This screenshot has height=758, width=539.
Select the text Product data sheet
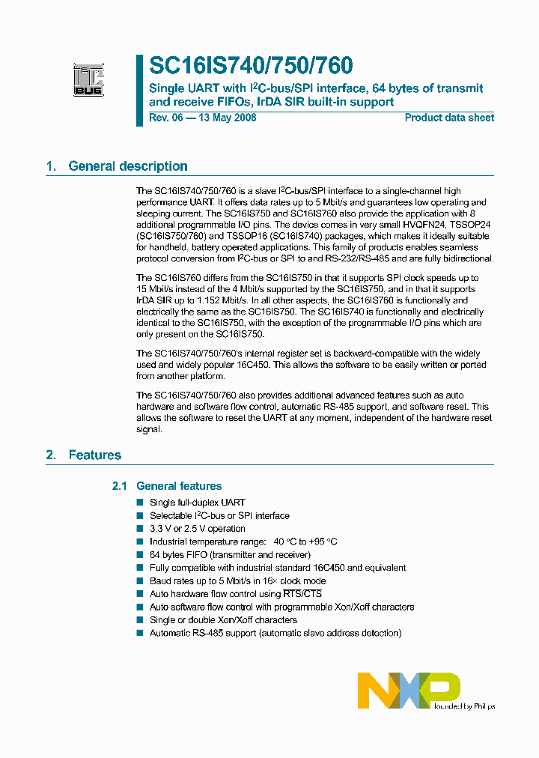coord(449,118)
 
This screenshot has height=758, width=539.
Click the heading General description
coord(128,166)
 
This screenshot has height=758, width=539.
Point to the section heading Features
coord(94,455)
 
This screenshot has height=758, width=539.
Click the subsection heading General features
coord(179,486)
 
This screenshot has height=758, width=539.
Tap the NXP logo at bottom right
coord(408,689)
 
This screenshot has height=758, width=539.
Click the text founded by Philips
coord(465,706)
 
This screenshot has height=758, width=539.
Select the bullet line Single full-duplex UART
coord(198,503)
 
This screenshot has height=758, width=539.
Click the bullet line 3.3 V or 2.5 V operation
coord(198,529)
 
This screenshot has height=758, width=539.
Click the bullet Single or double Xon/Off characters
coord(223,620)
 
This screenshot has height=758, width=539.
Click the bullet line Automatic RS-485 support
coord(275,633)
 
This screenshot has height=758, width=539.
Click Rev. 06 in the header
coord(165,118)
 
